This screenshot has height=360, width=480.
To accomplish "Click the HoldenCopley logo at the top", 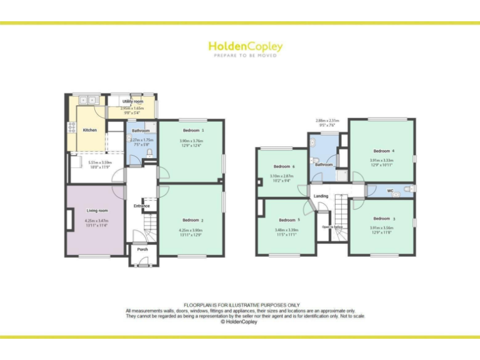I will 245,47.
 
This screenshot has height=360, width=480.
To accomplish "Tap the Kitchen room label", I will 90,130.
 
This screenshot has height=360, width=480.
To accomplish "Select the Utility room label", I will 132,101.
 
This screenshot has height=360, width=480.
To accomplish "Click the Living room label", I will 97,211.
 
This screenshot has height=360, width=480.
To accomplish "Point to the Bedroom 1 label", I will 193,130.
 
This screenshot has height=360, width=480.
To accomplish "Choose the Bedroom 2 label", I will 193,220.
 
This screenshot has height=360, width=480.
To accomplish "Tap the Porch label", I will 142,249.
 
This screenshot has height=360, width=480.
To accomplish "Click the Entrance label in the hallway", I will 142,206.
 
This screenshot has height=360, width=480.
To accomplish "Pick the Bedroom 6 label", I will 284,167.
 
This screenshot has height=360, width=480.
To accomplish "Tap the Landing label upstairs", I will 321,196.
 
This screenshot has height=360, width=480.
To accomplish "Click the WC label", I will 390,190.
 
